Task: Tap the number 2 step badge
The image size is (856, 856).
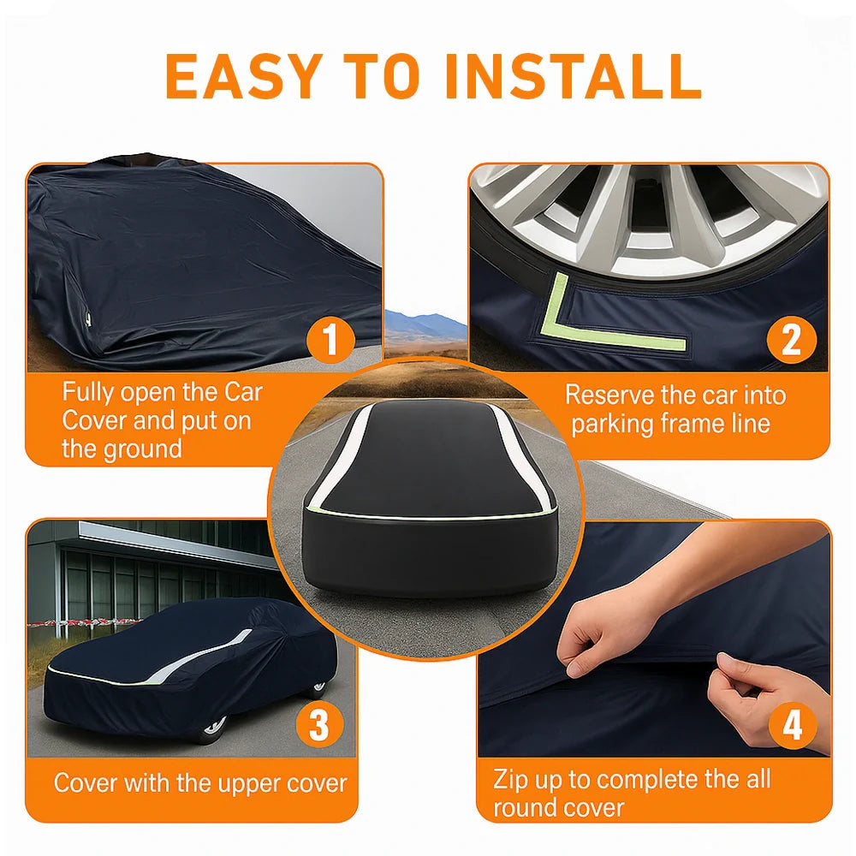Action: point(791,341)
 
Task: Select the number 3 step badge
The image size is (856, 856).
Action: point(318,727)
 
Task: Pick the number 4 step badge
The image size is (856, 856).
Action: point(792,726)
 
